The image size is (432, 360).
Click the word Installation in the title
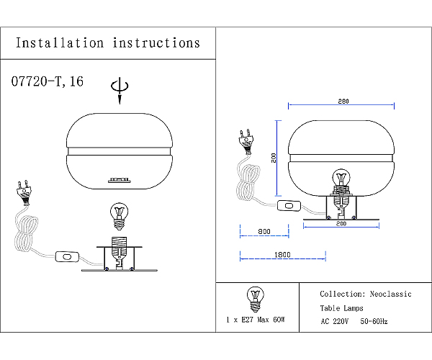[x=60, y=43]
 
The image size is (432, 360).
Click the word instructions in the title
[x=156, y=43]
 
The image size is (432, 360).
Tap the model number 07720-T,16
[x=47, y=81]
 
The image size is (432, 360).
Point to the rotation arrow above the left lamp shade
[x=120, y=90]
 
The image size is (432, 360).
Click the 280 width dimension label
[x=343, y=102]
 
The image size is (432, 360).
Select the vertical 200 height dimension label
[x=274, y=158]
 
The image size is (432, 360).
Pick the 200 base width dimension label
[x=341, y=223]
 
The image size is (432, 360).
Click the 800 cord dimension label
[x=264, y=232]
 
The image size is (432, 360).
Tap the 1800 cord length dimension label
[x=282, y=255]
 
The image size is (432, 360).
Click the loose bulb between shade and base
[x=119, y=217]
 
